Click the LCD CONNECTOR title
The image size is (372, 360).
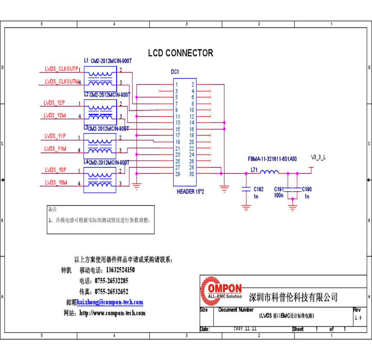point(180,53)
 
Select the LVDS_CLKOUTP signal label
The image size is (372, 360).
point(61,69)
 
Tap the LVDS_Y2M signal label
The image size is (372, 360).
point(55,115)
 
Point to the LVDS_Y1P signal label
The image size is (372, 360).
point(55,136)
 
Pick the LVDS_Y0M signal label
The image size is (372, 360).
point(56,183)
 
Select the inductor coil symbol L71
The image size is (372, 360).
point(269,172)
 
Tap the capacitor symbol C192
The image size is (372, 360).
point(246,189)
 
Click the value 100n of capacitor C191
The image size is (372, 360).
point(279,195)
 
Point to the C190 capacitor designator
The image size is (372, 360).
point(307,189)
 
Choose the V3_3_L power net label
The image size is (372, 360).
point(318,157)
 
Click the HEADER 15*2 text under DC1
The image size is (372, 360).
point(190,192)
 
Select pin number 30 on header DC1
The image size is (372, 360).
point(192,174)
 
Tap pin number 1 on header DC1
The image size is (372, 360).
point(177,85)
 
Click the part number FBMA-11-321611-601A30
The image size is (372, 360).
point(272,159)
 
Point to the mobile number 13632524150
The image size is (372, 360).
point(120,270)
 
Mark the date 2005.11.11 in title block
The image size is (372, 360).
point(245,329)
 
